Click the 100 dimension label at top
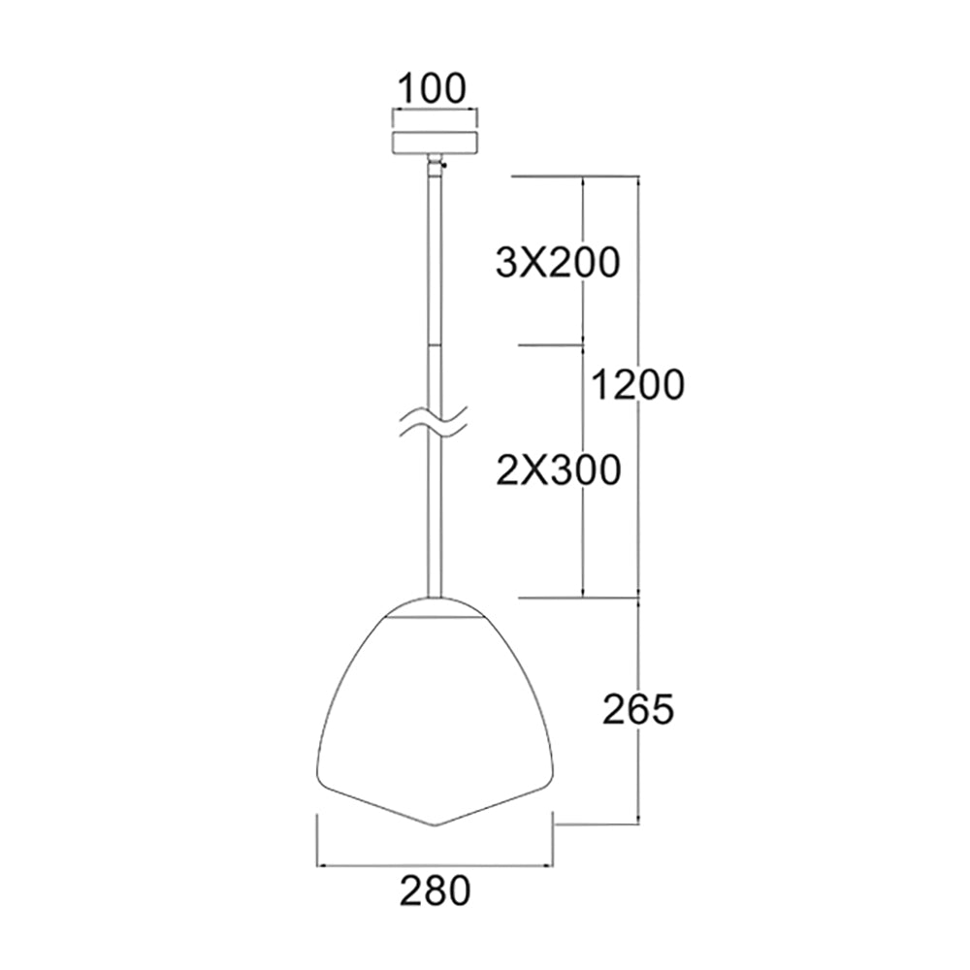[434, 88]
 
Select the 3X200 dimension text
[556, 262]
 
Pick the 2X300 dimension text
[556, 469]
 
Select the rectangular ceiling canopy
[435, 143]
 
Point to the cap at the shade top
[436, 608]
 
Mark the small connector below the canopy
[436, 160]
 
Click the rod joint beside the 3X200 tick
[435, 343]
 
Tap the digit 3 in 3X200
[504, 262]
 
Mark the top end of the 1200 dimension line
[638, 178]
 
